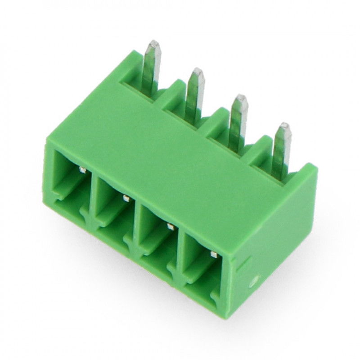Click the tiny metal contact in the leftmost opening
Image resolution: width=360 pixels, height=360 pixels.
coord(82,170)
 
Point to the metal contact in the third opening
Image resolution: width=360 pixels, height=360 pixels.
coord(170,226)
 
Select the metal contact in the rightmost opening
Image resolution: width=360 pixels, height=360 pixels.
coord(213,255)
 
